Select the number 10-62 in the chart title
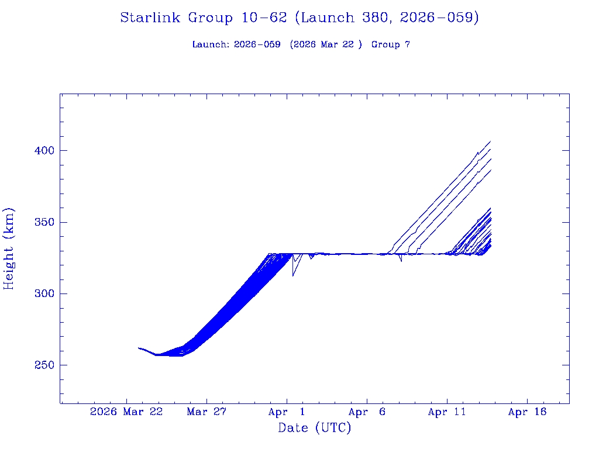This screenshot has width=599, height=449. tap(264, 18)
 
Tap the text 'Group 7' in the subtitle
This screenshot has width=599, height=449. tap(390, 44)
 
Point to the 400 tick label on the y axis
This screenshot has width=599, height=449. tap(41, 151)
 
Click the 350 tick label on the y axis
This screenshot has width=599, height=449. tap(41, 223)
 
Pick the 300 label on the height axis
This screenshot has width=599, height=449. tap(41, 294)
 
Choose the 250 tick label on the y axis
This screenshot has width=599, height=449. tap(41, 365)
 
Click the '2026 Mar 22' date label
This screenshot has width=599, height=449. tap(126, 412)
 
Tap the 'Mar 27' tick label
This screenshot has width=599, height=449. tap(206, 412)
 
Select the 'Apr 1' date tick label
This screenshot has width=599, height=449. tap(287, 412)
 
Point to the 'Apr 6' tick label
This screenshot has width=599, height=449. tap(367, 412)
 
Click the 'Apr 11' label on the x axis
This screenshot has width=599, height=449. tap(447, 412)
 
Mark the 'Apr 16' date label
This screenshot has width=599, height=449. tap(527, 412)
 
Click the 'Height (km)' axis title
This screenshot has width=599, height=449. tap(9, 248)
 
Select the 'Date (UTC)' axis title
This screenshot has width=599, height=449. tap(315, 429)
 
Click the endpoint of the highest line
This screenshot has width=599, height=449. tap(490, 141)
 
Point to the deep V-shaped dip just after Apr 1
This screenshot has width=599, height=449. tap(293, 275)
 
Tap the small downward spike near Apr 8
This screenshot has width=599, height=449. tap(401, 261)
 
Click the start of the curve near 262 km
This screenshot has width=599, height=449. tap(139, 348)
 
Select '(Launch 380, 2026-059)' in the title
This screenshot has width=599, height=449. tap(387, 18)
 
